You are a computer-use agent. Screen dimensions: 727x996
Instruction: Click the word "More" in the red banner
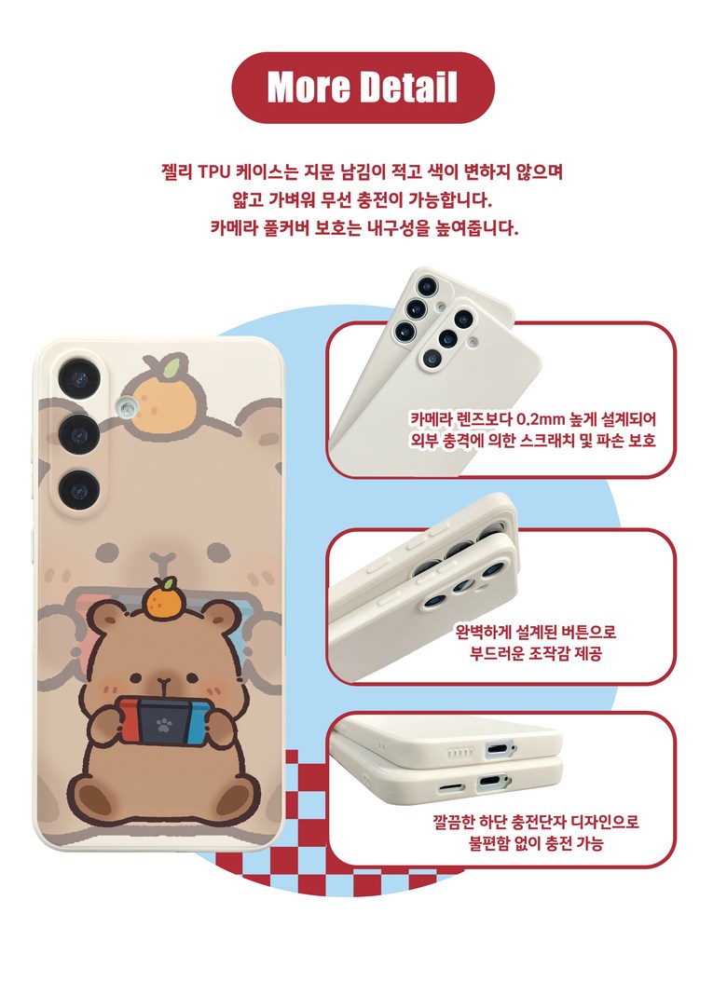(x=308, y=87)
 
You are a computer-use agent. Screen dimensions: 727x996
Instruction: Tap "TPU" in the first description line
(x=214, y=172)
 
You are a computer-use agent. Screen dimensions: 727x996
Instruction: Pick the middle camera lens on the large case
(x=79, y=434)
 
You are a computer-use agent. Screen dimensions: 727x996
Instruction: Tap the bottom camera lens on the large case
(x=79, y=490)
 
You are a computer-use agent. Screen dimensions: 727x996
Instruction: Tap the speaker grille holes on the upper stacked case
(x=460, y=753)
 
